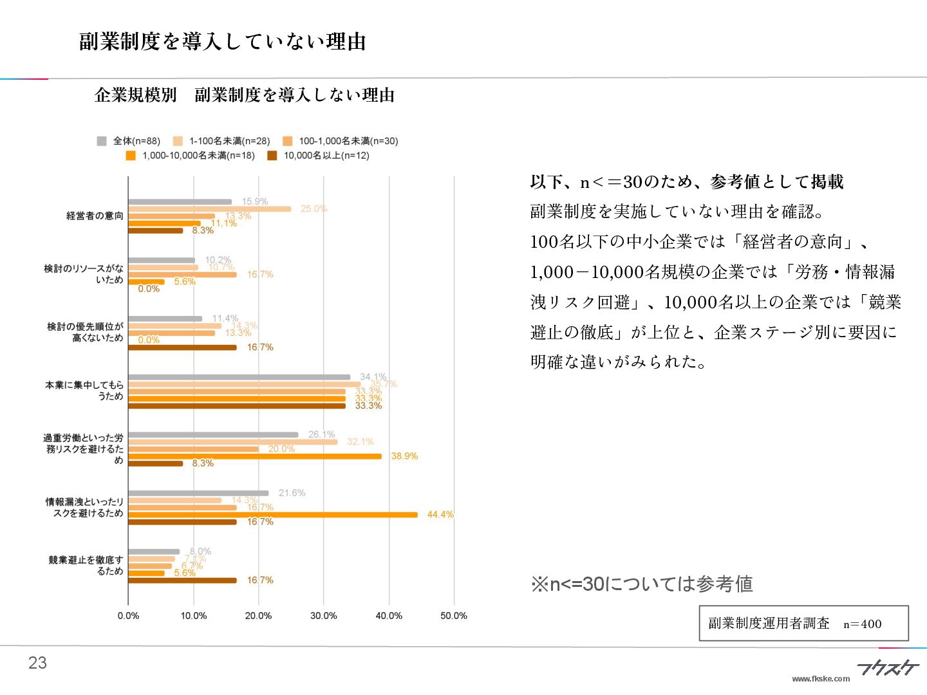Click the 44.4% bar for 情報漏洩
coord(273,515)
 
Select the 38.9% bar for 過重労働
coord(255,456)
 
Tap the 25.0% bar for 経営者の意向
coord(210,209)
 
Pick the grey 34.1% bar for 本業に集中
coord(239,377)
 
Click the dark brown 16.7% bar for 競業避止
coord(182,580)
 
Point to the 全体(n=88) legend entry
coord(129,141)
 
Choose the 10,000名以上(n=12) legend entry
coord(319,156)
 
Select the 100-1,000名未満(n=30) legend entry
coord(341,141)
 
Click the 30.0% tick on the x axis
coord(323,616)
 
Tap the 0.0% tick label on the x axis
coord(128,616)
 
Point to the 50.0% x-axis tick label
coord(453,616)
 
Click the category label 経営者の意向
coord(95,216)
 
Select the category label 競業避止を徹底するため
coord(86,566)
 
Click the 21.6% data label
coord(292,493)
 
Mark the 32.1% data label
coord(360,441)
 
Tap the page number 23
coord(37,663)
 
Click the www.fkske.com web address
coord(821,679)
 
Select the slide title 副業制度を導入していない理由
coord(223,42)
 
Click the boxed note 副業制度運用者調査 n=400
coord(803,623)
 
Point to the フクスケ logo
coord(888,667)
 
